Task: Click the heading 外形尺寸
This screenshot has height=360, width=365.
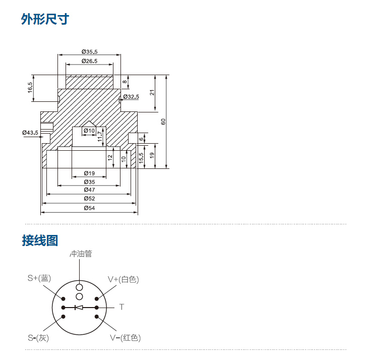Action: [45, 20]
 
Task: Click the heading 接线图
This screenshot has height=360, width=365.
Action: [40, 241]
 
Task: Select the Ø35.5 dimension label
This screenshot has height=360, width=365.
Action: [89, 51]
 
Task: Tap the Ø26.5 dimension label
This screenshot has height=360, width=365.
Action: [89, 61]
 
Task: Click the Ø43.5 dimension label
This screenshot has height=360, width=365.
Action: [30, 132]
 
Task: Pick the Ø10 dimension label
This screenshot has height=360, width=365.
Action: [89, 131]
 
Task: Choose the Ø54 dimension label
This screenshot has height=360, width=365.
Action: [89, 208]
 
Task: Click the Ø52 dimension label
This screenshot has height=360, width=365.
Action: [89, 199]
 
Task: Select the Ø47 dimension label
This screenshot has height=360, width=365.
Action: [89, 190]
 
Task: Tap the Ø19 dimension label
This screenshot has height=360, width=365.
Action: [89, 173]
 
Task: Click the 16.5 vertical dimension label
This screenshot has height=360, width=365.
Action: [30, 87]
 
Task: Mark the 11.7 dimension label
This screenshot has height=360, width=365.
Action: [100, 135]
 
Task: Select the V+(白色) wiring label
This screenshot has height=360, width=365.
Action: [123, 279]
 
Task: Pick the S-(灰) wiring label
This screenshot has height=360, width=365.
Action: [38, 337]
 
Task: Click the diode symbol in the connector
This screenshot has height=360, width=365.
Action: [79, 307]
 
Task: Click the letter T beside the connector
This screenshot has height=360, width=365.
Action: [121, 307]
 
